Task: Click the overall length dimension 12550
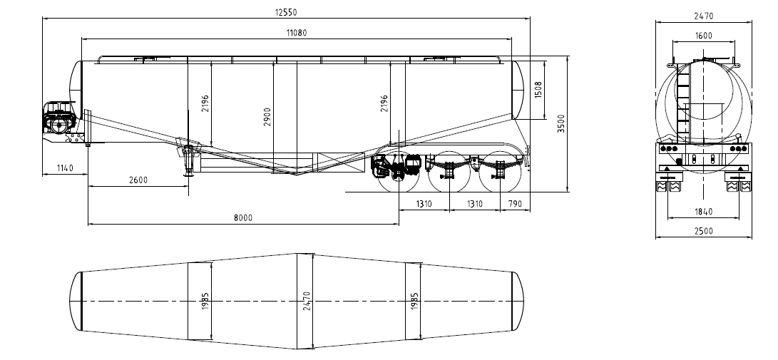[x=286, y=12]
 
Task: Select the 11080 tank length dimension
[x=296, y=33]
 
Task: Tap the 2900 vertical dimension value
[x=267, y=116]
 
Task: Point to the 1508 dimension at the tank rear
[x=538, y=90]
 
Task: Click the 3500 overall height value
[x=561, y=123]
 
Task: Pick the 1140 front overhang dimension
[x=65, y=168]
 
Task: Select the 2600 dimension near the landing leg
[x=138, y=180]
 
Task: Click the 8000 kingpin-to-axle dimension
[x=243, y=217]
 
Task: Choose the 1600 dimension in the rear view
[x=704, y=36]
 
